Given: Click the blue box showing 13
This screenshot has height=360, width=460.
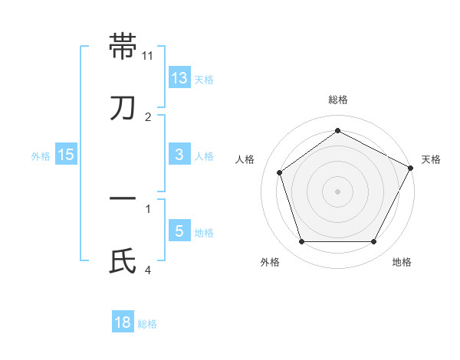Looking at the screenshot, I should pos(179,78).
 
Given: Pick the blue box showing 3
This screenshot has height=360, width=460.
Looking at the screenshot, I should pos(179,155).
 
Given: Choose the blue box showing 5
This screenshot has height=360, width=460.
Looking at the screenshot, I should pos(179,231).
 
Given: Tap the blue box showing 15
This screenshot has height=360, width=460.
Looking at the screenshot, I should pos(66,155).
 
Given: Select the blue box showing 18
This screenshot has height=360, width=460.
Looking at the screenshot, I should pos(123,322).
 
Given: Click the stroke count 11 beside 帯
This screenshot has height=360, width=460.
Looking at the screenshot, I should pos(148,55).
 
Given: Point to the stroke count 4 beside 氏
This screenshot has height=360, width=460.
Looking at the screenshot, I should pos(148,270).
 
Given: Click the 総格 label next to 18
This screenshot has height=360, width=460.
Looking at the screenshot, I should pos(147,324).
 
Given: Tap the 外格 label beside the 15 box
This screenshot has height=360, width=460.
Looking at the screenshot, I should pos(41,155).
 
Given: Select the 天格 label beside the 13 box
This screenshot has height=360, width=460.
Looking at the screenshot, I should pos(204,80).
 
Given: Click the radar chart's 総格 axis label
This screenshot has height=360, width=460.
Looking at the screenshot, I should pos(337,100).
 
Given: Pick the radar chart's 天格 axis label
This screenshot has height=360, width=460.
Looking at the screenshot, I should pos(431,159).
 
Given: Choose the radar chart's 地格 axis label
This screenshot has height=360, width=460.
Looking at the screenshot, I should pos(402,262).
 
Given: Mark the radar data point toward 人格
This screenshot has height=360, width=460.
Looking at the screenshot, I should pos(280,172).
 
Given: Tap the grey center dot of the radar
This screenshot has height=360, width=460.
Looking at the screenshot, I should pos(337,191).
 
